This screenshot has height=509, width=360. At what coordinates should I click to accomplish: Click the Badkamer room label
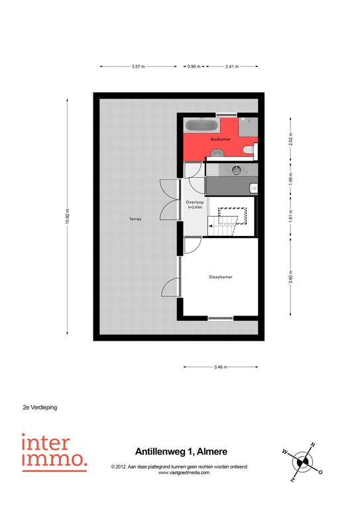221,139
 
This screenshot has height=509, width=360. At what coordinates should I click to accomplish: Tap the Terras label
135,219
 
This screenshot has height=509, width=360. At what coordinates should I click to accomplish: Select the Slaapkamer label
220,277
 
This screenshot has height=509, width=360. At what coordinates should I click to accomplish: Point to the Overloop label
194,202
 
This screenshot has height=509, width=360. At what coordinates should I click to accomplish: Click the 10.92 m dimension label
67,216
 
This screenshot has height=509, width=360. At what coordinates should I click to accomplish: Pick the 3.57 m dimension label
138,66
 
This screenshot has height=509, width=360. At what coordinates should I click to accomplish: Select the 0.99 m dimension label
194,66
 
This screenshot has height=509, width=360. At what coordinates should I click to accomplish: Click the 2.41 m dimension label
232,66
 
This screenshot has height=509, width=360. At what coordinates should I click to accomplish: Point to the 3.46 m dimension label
220,367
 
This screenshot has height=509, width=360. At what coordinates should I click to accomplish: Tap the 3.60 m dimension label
290,277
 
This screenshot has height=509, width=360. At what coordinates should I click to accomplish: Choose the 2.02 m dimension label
290,139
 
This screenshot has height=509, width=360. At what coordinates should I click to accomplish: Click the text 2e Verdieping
40,407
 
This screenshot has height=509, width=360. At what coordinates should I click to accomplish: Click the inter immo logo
54,452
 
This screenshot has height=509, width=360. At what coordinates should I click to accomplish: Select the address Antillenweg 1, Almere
181,451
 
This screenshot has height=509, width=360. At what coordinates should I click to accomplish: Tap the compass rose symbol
302,462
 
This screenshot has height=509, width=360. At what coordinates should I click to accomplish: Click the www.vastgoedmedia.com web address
184,473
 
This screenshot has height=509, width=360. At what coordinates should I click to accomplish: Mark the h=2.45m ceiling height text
194,207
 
